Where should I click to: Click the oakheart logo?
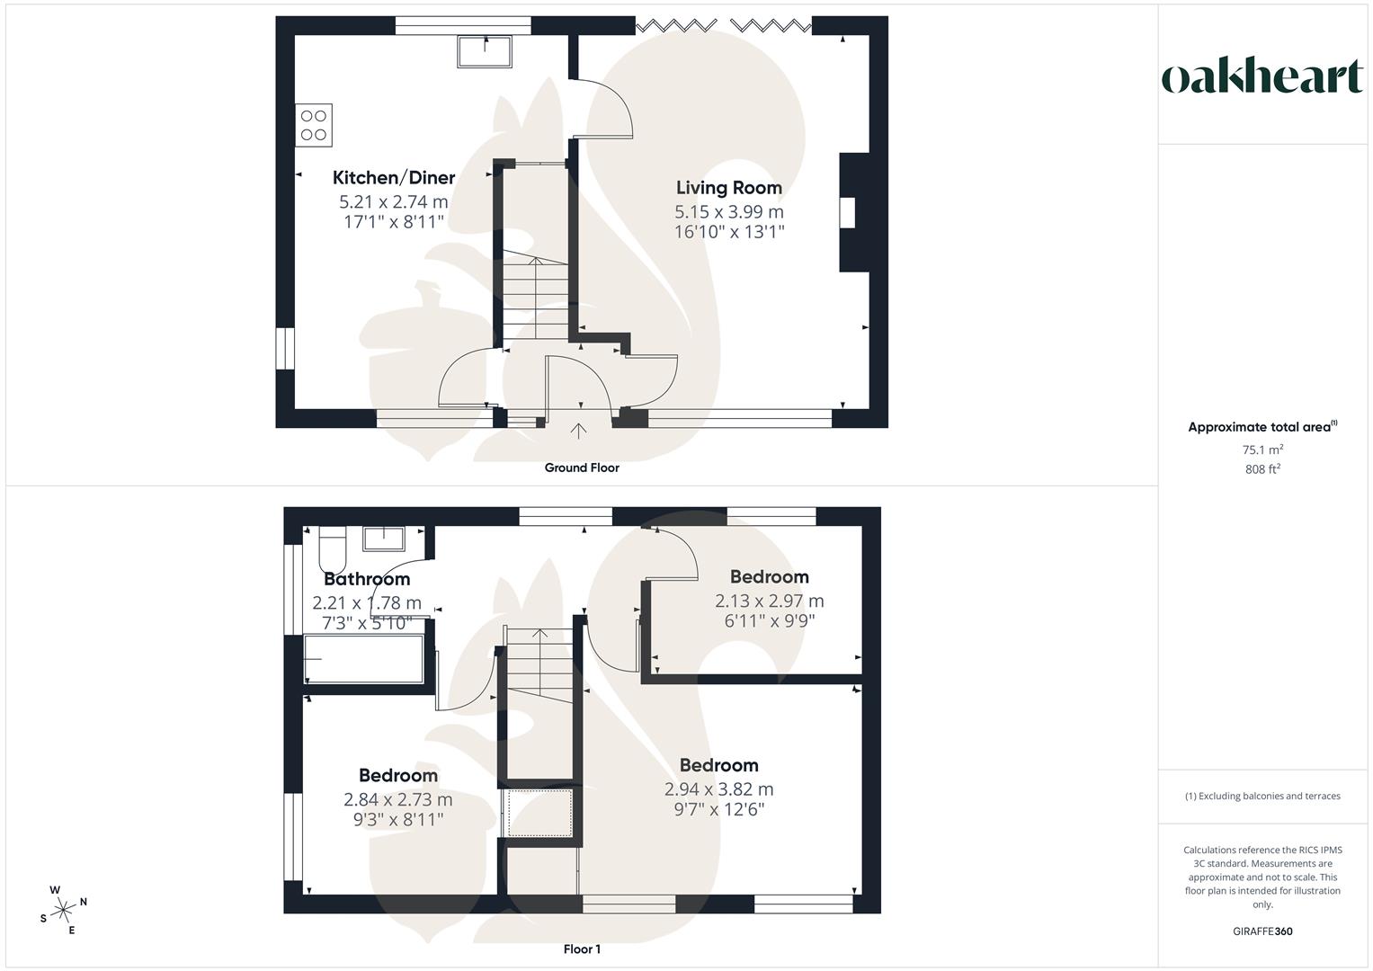click(1262, 77)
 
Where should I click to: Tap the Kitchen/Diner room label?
click(394, 178)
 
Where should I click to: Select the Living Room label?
click(728, 188)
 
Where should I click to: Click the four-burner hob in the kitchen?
click(314, 125)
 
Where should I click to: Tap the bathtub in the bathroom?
click(364, 658)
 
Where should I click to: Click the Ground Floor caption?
click(582, 468)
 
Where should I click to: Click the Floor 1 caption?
click(582, 949)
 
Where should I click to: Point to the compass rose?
click(64, 910)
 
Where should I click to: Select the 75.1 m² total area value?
click(1262, 450)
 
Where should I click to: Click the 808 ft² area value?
click(1262, 469)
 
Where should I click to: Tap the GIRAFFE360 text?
click(1262, 931)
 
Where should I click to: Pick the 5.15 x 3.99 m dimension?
click(728, 212)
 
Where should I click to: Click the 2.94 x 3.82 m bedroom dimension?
click(718, 789)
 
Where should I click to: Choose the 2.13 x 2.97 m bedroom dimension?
click(769, 601)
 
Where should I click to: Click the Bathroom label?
click(367, 580)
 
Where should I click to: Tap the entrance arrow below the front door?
click(578, 431)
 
